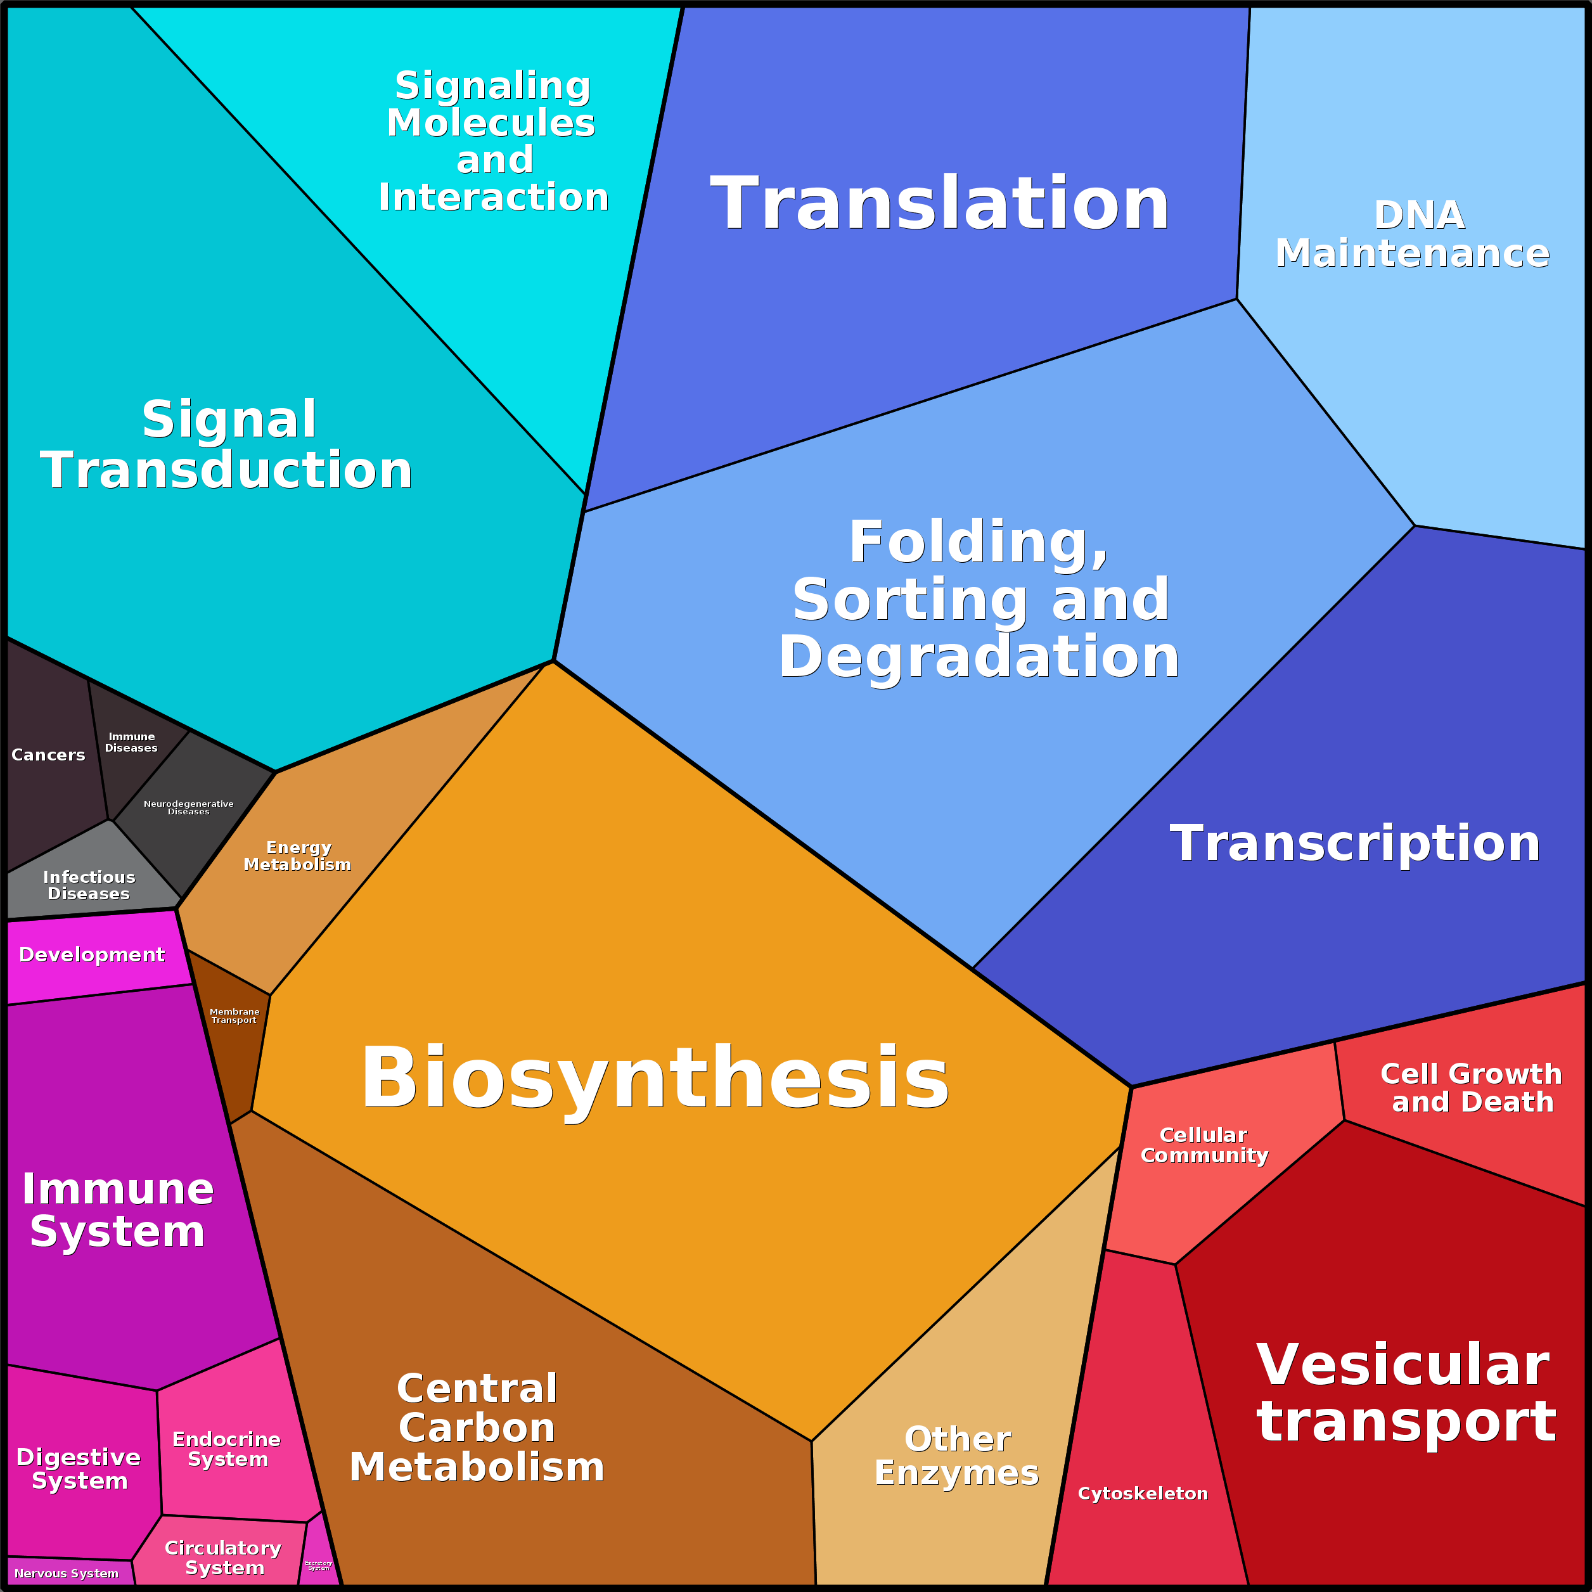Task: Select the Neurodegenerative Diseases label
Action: tap(189, 807)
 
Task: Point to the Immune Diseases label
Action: tap(131, 742)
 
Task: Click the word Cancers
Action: tap(48, 755)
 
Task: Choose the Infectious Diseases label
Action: tap(89, 885)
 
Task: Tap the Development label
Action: tap(91, 954)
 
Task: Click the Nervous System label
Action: tap(66, 1573)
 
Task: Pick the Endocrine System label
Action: tap(227, 1449)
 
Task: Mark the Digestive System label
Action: tap(79, 1468)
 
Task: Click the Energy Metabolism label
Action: tap(297, 856)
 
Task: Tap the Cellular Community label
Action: tap(1204, 1145)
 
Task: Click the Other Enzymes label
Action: tap(957, 1455)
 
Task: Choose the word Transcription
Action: tap(1355, 843)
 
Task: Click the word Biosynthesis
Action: tap(655, 1078)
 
